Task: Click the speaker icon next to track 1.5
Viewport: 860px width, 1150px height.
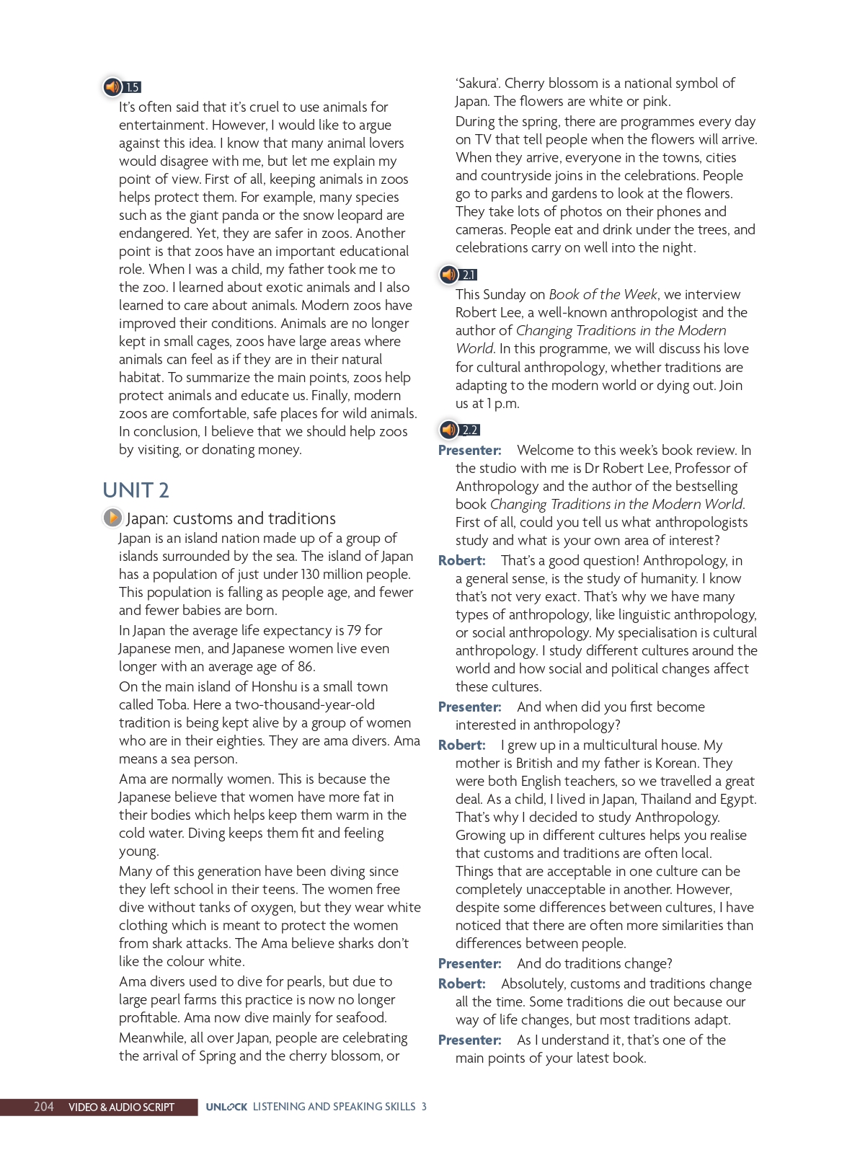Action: [112, 87]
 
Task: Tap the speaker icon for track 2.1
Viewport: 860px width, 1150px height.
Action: [448, 274]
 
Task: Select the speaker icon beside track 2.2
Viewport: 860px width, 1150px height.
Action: [448, 430]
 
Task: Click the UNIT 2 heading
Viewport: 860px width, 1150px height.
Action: [136, 490]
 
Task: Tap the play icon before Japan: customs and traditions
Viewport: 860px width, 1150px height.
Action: [112, 518]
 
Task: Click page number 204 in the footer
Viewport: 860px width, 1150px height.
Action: [44, 1107]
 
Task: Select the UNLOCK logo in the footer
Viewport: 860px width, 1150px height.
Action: [226, 1107]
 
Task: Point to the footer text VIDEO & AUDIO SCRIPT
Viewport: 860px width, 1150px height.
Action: [121, 1107]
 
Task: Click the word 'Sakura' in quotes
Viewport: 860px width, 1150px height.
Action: [477, 84]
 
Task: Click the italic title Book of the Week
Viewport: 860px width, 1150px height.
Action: [603, 295]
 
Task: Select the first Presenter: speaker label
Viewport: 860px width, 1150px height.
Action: [469, 451]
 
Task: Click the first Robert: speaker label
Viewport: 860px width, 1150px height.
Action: [461, 561]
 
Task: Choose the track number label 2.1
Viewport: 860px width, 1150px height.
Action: [469, 275]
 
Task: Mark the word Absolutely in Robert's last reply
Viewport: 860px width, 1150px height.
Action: [532, 984]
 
